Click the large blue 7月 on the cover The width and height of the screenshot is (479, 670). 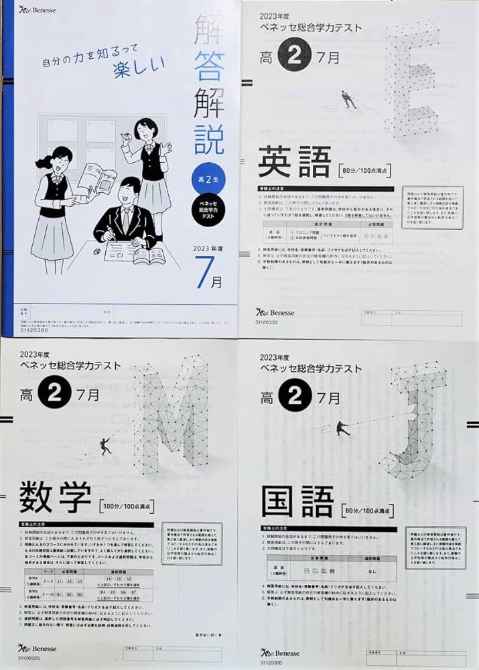(x=208, y=274)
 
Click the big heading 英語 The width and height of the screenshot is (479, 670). (x=294, y=163)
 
